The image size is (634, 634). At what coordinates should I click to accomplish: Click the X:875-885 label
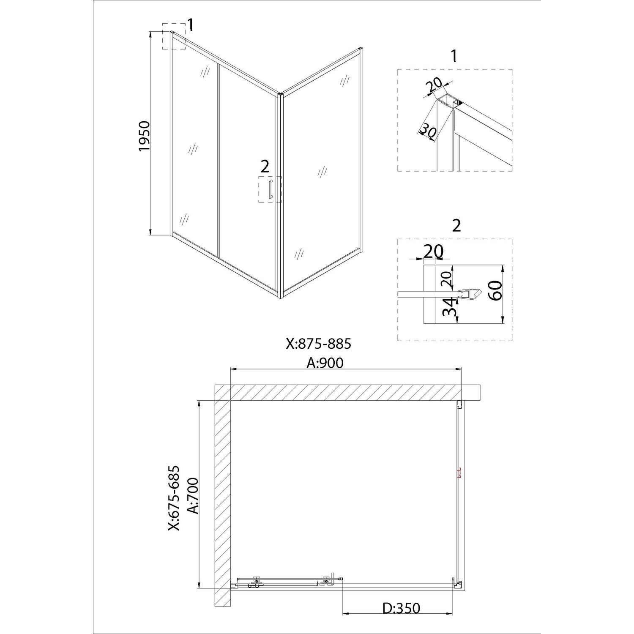(x=318, y=344)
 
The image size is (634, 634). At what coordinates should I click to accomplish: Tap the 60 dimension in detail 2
(x=495, y=290)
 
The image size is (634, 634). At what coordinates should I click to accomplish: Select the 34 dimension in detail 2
(x=449, y=307)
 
